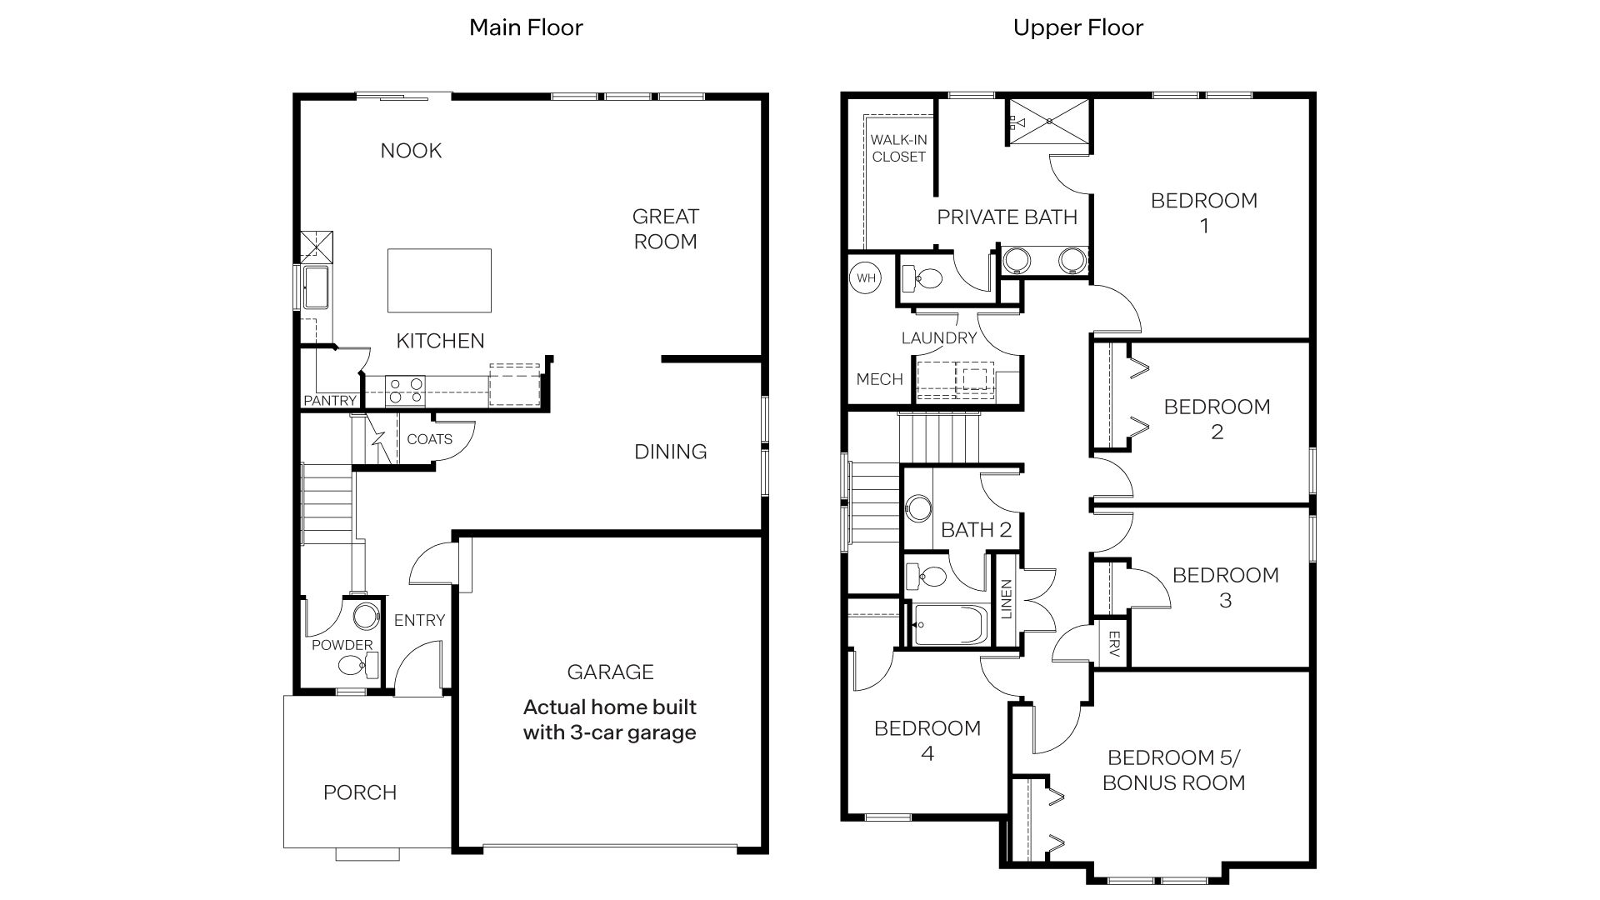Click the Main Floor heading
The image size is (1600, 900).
[x=526, y=27]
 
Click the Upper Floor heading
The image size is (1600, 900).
[x=1077, y=27]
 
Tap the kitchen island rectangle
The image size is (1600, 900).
[x=439, y=281]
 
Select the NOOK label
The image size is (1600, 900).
[x=411, y=151]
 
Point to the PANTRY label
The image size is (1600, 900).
[x=330, y=401]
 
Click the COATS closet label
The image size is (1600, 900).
[x=429, y=439]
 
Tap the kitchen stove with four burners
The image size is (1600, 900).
[x=405, y=391]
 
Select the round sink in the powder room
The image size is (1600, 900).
[x=365, y=617]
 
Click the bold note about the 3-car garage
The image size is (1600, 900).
[x=610, y=720]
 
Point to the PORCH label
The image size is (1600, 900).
[x=360, y=792]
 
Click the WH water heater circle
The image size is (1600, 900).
[x=867, y=277]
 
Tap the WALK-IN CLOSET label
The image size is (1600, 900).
[x=899, y=148]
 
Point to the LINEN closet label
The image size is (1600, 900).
[x=1006, y=599]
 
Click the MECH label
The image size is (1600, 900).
[x=880, y=379]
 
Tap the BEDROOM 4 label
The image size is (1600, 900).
[x=927, y=741]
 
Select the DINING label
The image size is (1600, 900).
[x=671, y=452]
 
